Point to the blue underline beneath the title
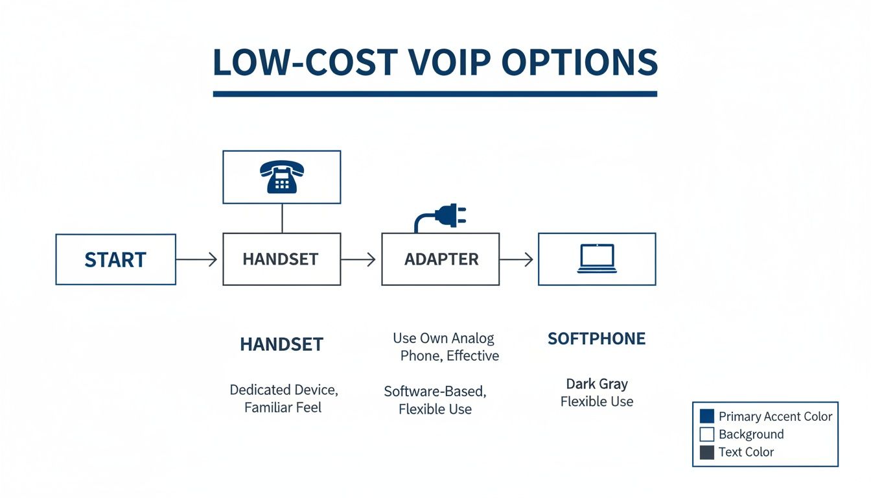click(435, 94)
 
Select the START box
click(115, 259)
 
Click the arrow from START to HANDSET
click(197, 259)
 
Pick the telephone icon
click(281, 177)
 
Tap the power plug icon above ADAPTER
click(442, 216)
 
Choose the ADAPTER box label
click(441, 259)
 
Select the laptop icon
click(597, 259)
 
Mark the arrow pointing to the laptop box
click(517, 259)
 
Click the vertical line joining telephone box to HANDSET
click(282, 218)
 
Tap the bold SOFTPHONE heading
click(596, 338)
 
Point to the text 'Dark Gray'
click(597, 383)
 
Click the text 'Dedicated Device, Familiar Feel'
click(283, 399)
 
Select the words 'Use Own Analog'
click(443, 338)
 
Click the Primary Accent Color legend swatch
click(707, 416)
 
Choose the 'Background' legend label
click(751, 434)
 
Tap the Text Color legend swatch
click(707, 452)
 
